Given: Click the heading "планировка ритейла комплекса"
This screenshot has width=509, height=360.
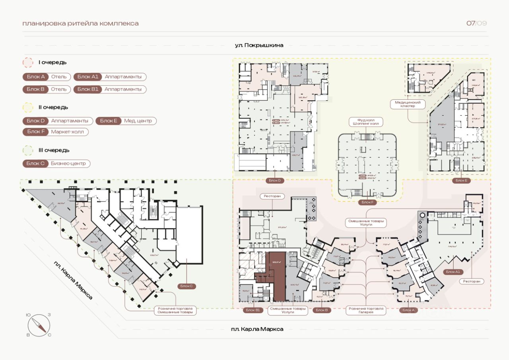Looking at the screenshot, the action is [x=81, y=23].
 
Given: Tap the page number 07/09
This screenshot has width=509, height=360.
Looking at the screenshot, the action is [x=476, y=23].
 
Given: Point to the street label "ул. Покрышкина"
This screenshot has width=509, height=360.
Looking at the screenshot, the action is [x=259, y=45].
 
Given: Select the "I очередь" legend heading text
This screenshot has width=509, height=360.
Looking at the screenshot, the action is [x=52, y=62].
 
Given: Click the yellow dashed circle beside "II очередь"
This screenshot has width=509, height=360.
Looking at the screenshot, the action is [x=28, y=107].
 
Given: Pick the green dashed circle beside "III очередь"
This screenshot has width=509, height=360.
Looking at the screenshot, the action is [x=28, y=150].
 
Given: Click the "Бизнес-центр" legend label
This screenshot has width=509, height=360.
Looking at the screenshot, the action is [x=68, y=164].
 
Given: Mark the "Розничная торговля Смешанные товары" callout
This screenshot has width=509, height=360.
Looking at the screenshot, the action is [x=175, y=310].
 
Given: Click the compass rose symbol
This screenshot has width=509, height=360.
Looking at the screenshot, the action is [x=39, y=324].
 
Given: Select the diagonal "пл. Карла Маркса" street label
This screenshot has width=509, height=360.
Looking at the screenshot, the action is [x=74, y=280].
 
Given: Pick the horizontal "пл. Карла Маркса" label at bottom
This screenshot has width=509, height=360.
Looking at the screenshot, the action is [x=257, y=329].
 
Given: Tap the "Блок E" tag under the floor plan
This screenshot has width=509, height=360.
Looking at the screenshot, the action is [x=461, y=181].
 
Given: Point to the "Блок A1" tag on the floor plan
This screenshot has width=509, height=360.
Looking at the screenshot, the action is [x=453, y=272].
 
